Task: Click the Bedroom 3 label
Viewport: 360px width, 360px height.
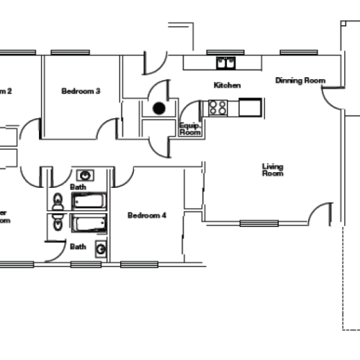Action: click(80, 91)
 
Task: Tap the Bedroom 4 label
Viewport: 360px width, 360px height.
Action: click(147, 215)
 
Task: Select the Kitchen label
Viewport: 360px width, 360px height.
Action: click(227, 86)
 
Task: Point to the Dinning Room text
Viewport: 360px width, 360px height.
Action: click(300, 81)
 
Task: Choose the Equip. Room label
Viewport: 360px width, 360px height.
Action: click(189, 128)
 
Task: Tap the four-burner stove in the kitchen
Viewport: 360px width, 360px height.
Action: click(217, 108)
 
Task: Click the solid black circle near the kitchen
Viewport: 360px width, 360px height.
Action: click(158, 109)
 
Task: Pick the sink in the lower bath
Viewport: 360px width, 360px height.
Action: click(102, 250)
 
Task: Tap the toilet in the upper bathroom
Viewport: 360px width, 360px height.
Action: click(58, 202)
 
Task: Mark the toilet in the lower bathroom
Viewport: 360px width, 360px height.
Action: click(58, 225)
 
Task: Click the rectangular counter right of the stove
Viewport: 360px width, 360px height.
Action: click(250, 108)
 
